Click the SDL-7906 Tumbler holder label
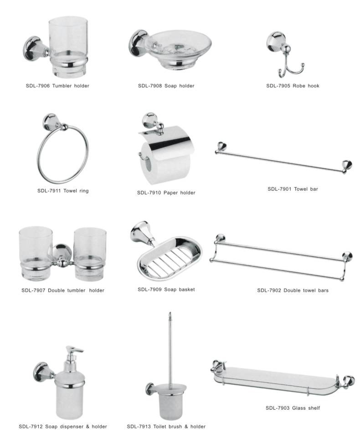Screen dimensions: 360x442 pos(57,86)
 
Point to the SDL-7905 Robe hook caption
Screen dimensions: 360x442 pos(293,86)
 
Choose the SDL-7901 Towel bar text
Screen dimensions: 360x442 pos(293,189)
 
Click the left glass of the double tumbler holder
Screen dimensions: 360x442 pos(35,253)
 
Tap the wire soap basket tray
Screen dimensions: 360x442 pos(169,259)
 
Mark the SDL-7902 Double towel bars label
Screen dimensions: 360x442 pos(293,290)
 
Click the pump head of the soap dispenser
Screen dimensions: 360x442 pos(74,352)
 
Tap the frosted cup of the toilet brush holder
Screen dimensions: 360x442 pos(170,401)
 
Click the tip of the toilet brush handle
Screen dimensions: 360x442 pos(170,312)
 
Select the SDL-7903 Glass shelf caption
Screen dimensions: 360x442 pos(293,408)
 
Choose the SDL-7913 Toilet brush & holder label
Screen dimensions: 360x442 pos(166,427)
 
